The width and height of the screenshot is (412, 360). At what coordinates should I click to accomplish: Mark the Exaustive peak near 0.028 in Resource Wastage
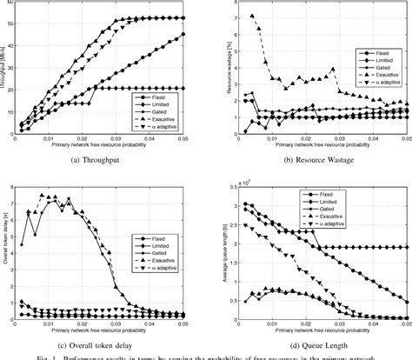(x=333, y=70)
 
